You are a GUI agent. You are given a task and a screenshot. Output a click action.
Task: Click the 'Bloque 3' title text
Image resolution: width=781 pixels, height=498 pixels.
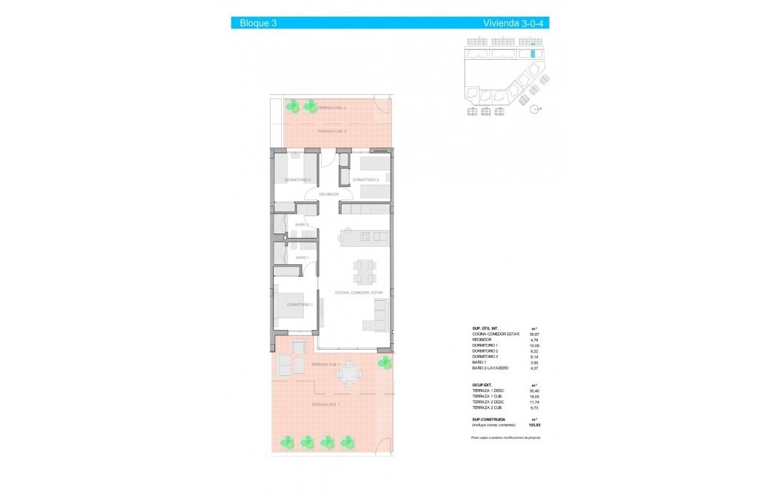pyautogui.click(x=258, y=23)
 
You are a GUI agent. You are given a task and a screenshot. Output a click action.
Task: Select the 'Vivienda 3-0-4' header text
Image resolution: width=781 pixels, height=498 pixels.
pyautogui.click(x=514, y=23)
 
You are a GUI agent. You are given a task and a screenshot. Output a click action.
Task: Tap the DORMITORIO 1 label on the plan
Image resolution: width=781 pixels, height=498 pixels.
pyautogui.click(x=299, y=304)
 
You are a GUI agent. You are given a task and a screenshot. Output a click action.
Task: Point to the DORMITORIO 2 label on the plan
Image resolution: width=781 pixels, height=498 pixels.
pyautogui.click(x=297, y=180)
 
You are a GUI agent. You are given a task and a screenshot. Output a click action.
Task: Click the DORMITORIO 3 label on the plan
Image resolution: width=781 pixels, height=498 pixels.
pyautogui.click(x=365, y=180)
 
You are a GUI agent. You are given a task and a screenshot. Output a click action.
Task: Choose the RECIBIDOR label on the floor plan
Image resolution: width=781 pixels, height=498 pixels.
pyautogui.click(x=328, y=194)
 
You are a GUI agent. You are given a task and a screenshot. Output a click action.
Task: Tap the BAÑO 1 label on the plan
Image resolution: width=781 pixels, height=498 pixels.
pyautogui.click(x=302, y=258)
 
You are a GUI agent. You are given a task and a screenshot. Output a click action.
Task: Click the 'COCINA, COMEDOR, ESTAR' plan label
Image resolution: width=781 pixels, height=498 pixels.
pyautogui.click(x=358, y=292)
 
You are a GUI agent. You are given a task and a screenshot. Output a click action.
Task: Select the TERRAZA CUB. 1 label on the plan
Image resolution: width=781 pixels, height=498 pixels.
pyautogui.click(x=326, y=364)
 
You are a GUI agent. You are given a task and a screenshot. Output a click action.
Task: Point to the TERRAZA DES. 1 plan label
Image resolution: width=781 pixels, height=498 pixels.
pyautogui.click(x=326, y=404)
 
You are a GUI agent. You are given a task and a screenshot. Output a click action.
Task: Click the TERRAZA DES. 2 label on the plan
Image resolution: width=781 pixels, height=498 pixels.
pyautogui.click(x=331, y=107)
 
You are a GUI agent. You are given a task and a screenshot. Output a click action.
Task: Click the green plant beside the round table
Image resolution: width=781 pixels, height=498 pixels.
pyautogui.click(x=384, y=362)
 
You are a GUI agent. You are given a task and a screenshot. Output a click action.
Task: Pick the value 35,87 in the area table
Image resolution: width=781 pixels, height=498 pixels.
pyautogui.click(x=534, y=334)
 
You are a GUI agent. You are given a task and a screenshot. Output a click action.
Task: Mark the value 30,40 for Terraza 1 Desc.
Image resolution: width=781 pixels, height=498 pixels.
pyautogui.click(x=534, y=391)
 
